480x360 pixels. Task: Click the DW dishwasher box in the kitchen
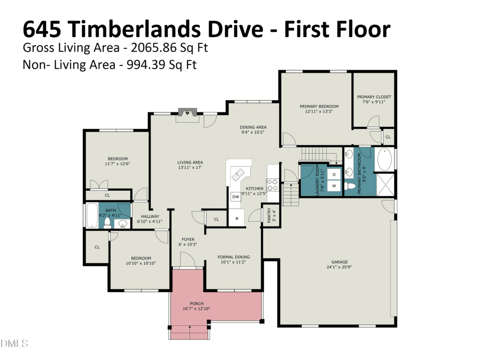[235, 196]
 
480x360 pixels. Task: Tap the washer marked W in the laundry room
[334, 186]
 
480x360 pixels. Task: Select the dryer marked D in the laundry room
[334, 174]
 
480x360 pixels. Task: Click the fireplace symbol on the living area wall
[187, 112]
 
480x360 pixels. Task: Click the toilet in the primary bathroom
[350, 186]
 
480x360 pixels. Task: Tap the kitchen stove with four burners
[272, 185]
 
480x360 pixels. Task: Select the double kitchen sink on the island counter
[238, 175]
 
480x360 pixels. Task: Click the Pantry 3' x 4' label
[271, 215]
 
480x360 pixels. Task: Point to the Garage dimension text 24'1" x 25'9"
[339, 267]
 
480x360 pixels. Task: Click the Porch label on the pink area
[196, 304]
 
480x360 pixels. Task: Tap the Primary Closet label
[374, 97]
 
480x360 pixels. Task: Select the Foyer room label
[188, 240]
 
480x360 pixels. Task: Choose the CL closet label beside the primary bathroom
[388, 137]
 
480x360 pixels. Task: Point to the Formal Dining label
[233, 257]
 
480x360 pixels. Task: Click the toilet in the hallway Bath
[107, 223]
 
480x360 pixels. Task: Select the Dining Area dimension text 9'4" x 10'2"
[253, 132]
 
